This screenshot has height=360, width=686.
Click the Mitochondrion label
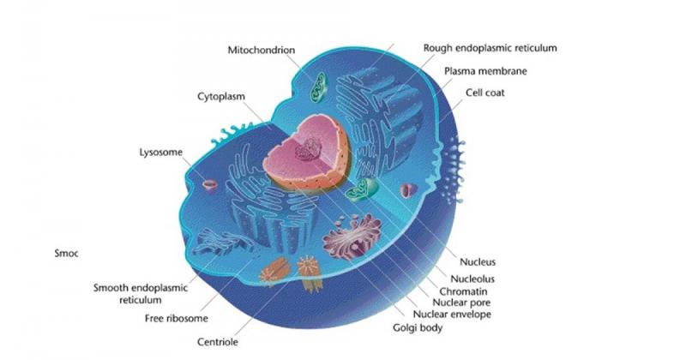point(262,50)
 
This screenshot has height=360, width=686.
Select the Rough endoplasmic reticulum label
point(490,48)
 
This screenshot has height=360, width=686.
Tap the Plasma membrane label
point(485,71)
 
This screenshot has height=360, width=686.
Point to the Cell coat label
point(484,93)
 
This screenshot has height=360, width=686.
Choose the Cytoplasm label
point(221,97)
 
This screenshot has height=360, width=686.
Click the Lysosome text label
point(161,153)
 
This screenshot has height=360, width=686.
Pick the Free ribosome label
point(177,318)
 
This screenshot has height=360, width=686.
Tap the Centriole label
point(218,342)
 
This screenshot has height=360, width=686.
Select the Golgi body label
point(418,327)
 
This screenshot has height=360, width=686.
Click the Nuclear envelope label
point(452,314)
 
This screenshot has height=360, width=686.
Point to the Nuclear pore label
point(461,303)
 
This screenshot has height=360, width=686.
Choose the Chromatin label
point(463,291)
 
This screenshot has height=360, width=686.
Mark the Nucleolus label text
point(472,279)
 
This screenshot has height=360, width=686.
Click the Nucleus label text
point(478,262)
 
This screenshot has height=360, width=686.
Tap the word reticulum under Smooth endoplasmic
point(141,300)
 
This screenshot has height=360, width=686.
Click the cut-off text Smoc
point(67,253)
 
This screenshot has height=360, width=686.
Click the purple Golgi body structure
point(352,237)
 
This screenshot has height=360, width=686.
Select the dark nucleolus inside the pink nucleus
point(309,150)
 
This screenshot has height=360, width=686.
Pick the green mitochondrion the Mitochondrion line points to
point(318,87)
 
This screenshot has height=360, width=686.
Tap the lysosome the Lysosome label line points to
point(210,185)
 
